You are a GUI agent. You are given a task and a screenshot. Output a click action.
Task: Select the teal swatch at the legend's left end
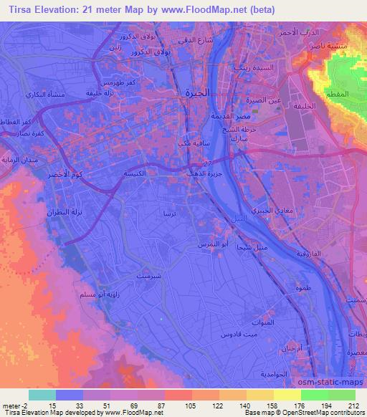tap(42, 395)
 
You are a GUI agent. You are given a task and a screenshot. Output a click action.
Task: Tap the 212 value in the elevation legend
tap(353, 406)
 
